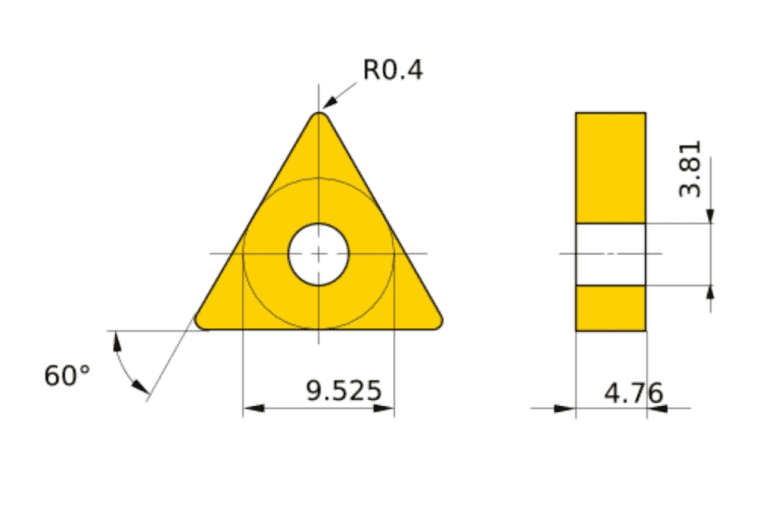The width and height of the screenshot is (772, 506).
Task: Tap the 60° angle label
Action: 67,376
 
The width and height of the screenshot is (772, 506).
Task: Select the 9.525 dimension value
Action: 344,390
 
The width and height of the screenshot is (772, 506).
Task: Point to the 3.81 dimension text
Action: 689,168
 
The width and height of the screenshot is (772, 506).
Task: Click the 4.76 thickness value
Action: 633,393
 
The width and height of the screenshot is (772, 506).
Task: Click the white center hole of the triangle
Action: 318,254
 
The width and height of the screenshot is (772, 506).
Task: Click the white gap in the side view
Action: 610,254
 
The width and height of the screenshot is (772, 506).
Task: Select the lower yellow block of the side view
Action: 610,308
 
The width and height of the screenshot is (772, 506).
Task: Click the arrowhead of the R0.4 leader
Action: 329,102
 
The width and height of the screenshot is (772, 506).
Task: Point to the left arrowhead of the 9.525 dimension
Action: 251,408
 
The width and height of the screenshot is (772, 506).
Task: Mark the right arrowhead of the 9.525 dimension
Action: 386,408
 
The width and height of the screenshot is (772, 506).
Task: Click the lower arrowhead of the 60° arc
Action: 142,387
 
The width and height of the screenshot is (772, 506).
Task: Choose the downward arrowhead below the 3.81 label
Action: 711,216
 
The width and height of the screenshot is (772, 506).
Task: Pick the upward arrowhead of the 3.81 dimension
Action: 711,292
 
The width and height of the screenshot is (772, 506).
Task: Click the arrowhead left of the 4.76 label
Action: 567,408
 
